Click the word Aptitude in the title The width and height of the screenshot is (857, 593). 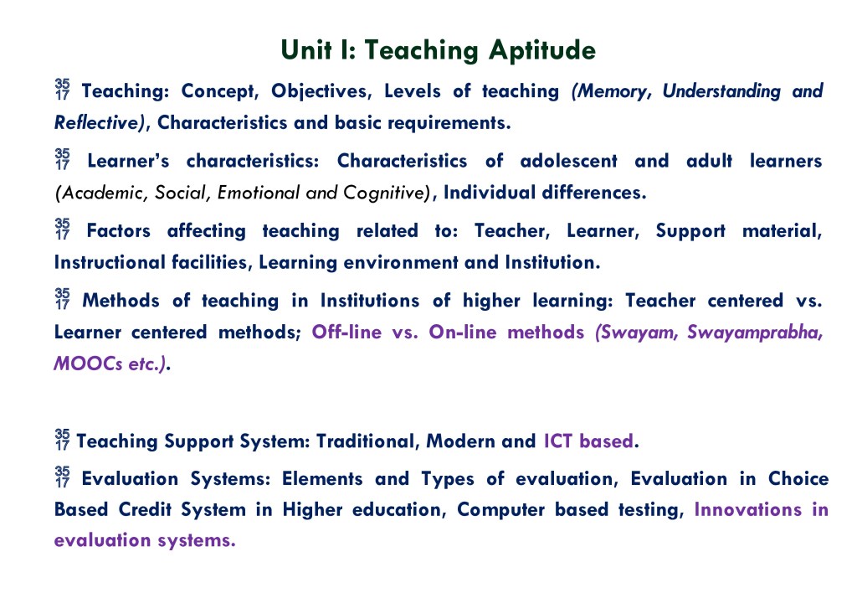point(541,51)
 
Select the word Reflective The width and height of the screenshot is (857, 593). point(99,122)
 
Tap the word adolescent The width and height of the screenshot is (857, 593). point(568,161)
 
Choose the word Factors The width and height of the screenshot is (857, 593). point(119,230)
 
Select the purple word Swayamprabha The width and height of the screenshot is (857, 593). point(755,333)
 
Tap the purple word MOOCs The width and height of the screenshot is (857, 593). point(88,364)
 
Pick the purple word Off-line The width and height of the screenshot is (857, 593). point(346,332)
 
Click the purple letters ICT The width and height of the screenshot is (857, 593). point(558,441)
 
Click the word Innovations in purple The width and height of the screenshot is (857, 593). point(747,509)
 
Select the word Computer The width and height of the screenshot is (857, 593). point(500,510)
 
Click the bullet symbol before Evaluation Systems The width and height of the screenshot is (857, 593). point(62,477)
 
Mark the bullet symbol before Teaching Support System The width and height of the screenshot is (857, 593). point(62,439)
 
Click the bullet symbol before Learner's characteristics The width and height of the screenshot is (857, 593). point(62,158)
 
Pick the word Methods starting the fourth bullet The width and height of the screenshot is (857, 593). point(121,301)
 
